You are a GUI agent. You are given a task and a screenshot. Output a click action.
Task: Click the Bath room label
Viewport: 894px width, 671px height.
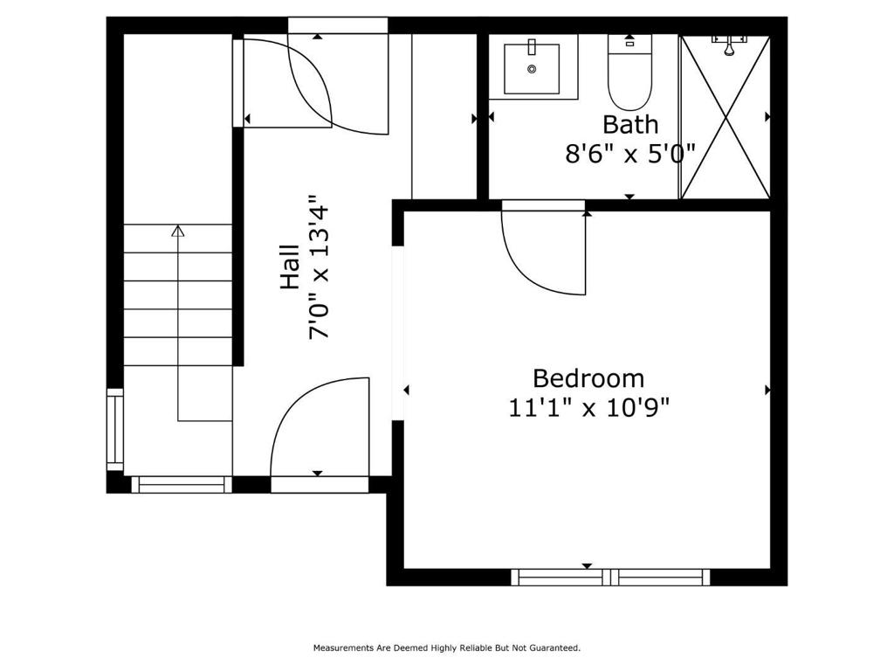[630, 124]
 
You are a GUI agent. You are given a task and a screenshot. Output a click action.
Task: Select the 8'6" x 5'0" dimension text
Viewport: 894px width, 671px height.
[630, 154]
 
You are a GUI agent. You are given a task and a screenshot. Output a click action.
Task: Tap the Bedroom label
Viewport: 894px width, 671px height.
[588, 378]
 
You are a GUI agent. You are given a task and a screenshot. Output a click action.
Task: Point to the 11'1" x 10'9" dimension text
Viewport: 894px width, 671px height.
[588, 407]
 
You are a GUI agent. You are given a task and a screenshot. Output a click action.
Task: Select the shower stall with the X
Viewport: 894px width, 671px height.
[725, 118]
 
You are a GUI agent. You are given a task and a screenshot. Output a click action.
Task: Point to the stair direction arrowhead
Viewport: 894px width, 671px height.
[178, 232]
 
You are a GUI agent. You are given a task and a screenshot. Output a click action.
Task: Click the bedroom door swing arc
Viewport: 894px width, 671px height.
[537, 253]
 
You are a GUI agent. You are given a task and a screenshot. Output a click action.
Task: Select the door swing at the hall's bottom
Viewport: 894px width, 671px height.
[314, 428]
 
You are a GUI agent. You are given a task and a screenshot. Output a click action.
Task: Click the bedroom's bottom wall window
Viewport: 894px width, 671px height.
[610, 577]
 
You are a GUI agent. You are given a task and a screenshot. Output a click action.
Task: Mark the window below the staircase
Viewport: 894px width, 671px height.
[182, 484]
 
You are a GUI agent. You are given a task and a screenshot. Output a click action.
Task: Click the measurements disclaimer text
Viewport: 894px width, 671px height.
[447, 648]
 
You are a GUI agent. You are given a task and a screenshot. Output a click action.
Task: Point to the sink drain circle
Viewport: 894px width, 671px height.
[532, 68]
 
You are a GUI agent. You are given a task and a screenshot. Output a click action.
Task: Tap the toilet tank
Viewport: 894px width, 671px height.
[629, 42]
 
